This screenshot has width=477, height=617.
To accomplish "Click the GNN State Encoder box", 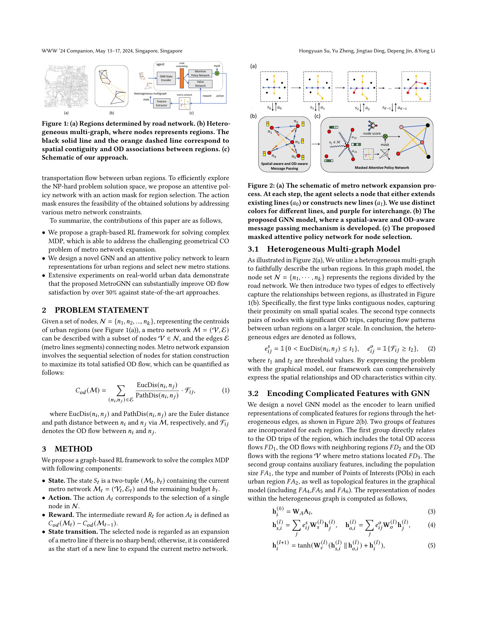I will [166, 78].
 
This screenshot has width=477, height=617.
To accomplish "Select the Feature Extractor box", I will [162, 103].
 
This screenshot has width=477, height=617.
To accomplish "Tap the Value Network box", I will [200, 84].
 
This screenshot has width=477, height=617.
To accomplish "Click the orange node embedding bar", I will [182, 78].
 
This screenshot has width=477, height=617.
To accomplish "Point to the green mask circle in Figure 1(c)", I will [217, 73].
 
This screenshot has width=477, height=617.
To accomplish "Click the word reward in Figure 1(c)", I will [207, 96].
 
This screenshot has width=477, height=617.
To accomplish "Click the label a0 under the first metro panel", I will [279, 108].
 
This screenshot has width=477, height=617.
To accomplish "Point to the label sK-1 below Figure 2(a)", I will [387, 108].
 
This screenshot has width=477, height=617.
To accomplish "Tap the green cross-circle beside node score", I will [385, 137].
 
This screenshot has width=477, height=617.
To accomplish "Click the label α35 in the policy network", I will [354, 152].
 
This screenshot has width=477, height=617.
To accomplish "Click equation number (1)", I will [226, 390].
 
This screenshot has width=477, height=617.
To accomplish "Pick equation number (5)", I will [431, 553].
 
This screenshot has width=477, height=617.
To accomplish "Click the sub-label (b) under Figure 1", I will [112, 113].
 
